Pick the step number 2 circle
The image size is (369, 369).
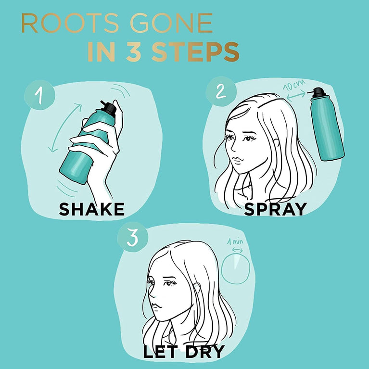[x=220, y=91]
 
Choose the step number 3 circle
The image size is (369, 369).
[x=132, y=238]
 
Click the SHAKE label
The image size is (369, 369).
[x=91, y=209]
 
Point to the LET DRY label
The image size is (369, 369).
[x=183, y=352]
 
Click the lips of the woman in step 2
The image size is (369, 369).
[x=234, y=159]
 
